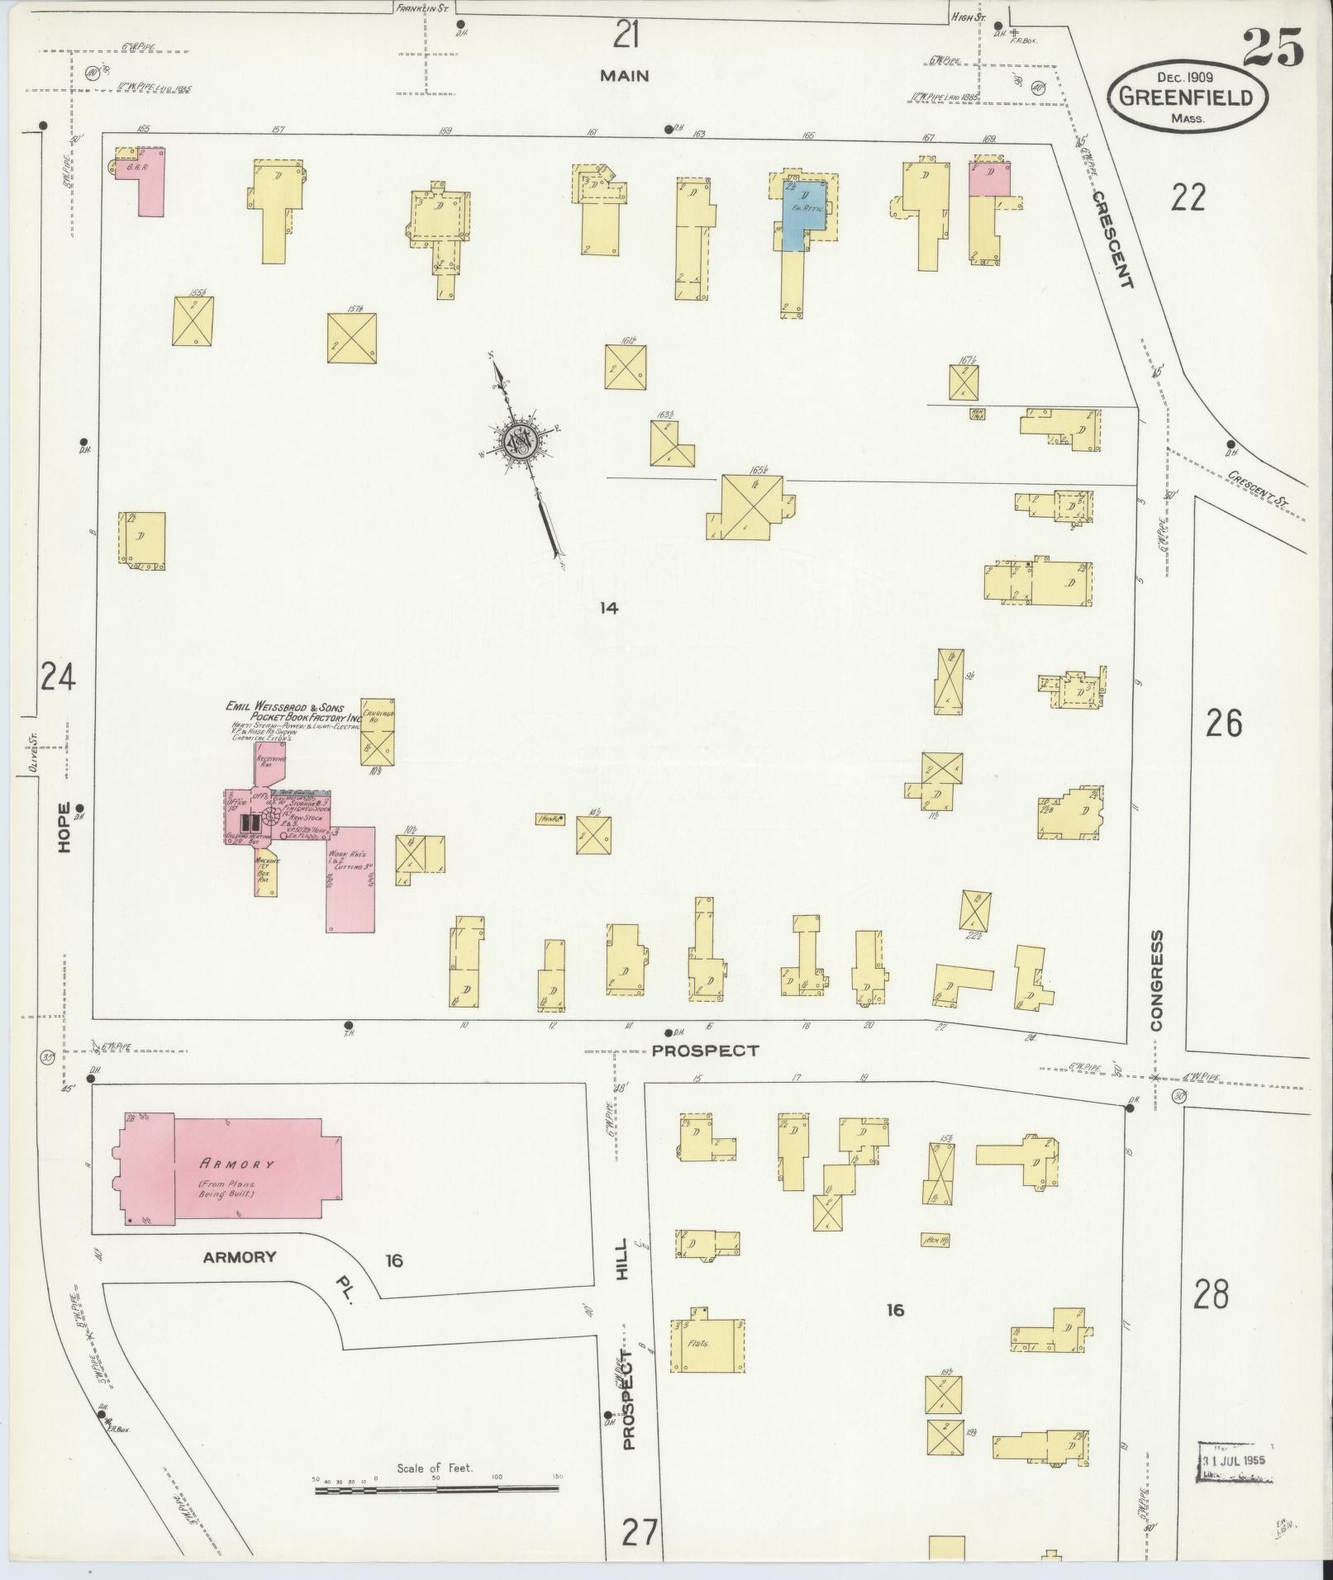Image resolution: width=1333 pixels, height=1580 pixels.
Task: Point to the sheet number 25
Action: (x=1272, y=47)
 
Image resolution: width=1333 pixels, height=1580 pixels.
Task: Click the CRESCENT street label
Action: (x=1112, y=240)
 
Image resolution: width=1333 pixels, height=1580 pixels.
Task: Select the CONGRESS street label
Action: (x=1156, y=980)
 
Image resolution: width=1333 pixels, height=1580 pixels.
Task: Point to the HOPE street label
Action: (x=64, y=827)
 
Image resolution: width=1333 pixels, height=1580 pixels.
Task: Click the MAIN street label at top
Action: (x=624, y=76)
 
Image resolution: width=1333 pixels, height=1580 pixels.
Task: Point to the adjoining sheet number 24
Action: (x=58, y=678)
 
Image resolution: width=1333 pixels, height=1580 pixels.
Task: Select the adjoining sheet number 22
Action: (x=1188, y=197)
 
